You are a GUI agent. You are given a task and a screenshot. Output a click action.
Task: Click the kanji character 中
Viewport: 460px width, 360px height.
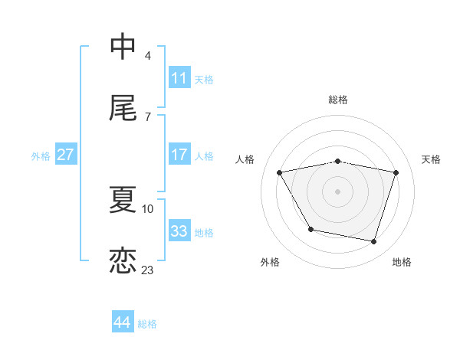coord(123,47)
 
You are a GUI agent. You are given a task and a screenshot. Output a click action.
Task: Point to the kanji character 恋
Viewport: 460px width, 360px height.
coord(123,261)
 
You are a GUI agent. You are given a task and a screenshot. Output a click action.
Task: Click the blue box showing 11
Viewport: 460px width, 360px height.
coord(179,78)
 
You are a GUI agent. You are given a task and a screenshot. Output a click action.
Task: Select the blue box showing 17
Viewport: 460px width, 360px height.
coord(179,155)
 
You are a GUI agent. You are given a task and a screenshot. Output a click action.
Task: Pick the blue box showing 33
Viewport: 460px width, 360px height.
coord(179,231)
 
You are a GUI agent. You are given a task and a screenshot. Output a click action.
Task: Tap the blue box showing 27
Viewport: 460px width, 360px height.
coord(65,155)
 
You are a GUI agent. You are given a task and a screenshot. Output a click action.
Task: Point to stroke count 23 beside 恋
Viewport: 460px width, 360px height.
coord(147,270)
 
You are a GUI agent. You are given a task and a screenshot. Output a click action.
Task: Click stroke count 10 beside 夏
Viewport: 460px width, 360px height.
coord(147,208)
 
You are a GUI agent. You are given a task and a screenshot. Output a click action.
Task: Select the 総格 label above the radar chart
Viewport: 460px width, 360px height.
coord(338,100)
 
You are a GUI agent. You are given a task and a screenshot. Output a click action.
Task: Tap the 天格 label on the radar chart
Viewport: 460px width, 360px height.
coord(432,159)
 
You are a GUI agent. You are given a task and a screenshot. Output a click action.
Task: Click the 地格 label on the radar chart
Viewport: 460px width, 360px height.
coord(402,262)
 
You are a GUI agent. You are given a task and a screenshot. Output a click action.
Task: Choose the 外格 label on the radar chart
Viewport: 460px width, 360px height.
coord(270,262)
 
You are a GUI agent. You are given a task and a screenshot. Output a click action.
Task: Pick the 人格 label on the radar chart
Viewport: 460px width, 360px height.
coord(245,159)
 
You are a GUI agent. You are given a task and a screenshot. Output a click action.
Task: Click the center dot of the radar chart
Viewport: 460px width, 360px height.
coord(338,191)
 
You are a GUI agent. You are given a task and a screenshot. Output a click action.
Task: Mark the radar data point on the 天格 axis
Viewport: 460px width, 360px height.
coord(396,172)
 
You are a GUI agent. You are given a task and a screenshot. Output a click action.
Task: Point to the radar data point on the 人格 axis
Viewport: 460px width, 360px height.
coord(280,172)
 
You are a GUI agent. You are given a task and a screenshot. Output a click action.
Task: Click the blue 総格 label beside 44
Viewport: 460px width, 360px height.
coord(147,324)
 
